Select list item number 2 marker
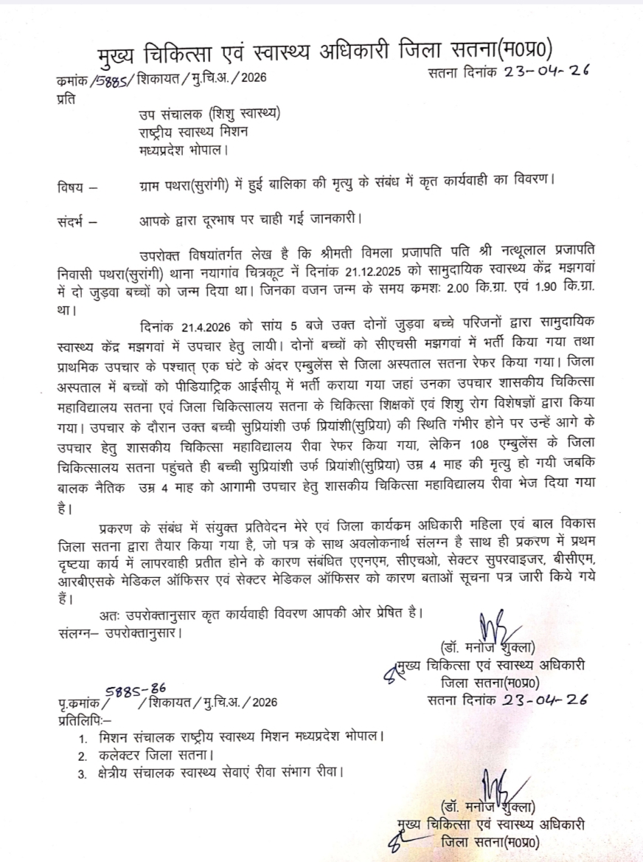[83, 756]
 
